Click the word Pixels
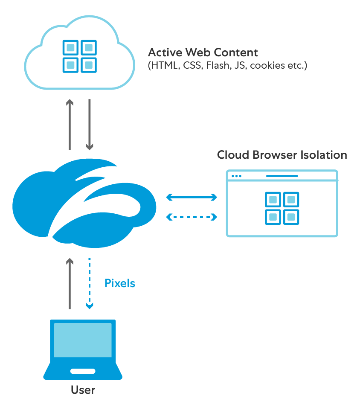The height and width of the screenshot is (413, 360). click(119, 283)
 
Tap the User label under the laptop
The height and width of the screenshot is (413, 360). click(83, 390)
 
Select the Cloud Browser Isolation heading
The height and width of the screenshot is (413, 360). click(282, 154)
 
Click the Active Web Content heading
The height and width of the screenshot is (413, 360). click(203, 52)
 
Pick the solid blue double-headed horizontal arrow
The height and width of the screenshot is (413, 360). click(192, 197)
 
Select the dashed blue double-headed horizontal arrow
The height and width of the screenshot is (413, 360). click(192, 217)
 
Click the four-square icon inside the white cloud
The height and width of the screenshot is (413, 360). click(80, 56)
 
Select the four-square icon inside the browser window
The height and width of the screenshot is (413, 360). click(282, 208)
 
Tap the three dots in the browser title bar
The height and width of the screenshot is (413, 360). click(236, 176)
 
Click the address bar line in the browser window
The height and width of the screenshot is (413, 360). click(282, 176)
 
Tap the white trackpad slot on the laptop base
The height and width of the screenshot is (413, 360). click(83, 371)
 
